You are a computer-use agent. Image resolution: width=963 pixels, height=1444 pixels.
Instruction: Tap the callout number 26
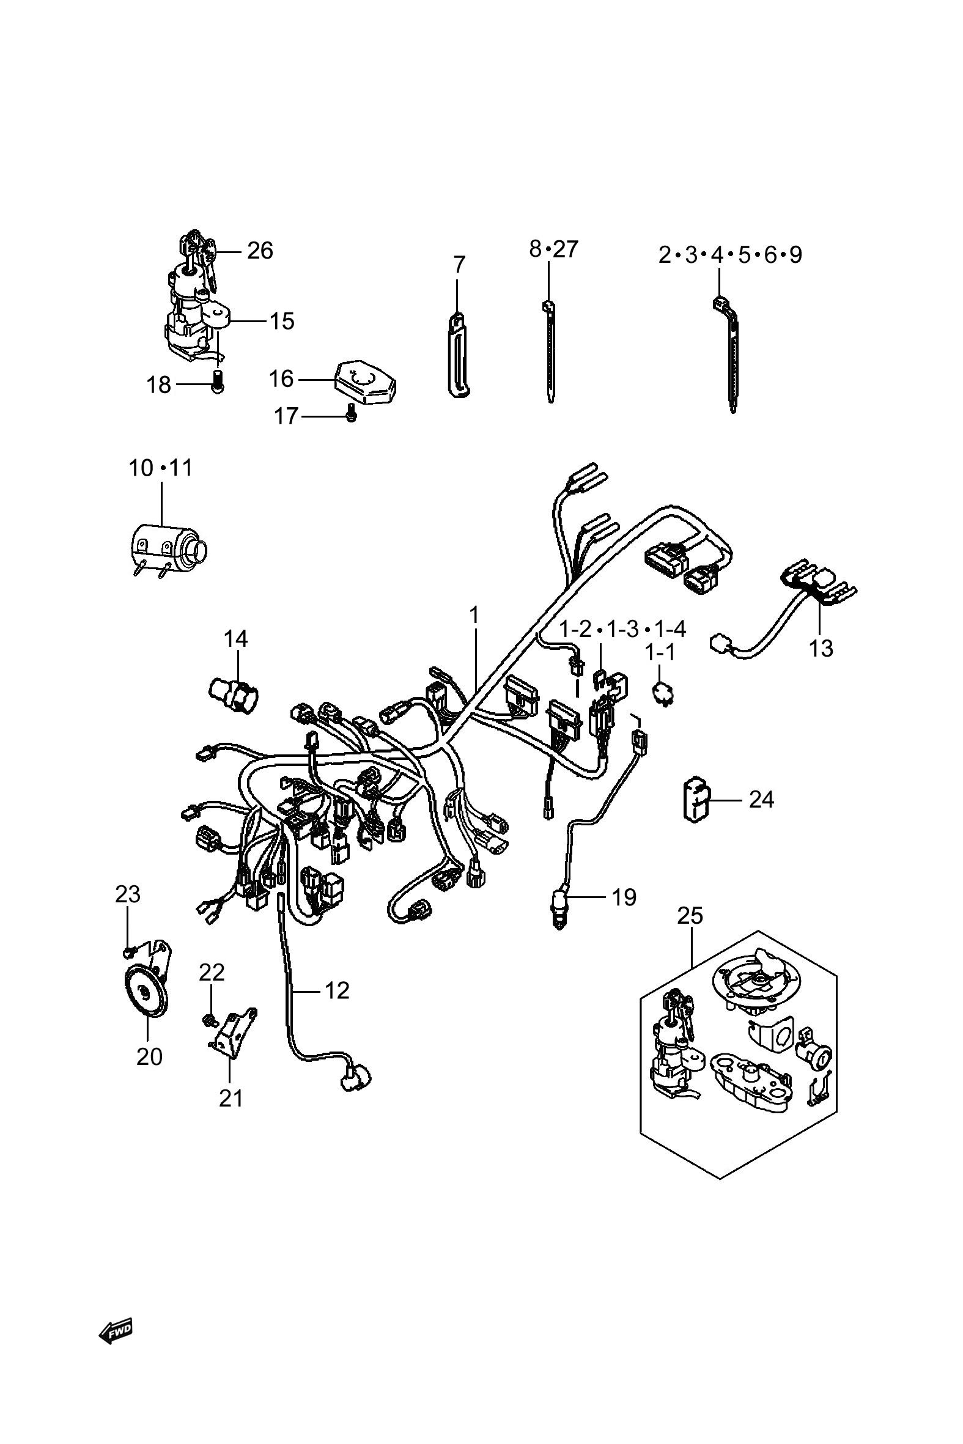260,251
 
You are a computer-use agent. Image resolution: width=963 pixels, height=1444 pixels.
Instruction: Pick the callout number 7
459,265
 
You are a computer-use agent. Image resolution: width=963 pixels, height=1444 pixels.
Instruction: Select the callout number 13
821,647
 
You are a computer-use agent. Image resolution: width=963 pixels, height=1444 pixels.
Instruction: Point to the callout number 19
625,897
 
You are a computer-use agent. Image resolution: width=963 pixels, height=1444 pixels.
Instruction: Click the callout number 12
336,990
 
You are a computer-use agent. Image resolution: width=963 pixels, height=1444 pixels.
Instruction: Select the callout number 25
690,916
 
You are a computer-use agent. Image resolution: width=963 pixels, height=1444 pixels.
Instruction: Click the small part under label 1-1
662,694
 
